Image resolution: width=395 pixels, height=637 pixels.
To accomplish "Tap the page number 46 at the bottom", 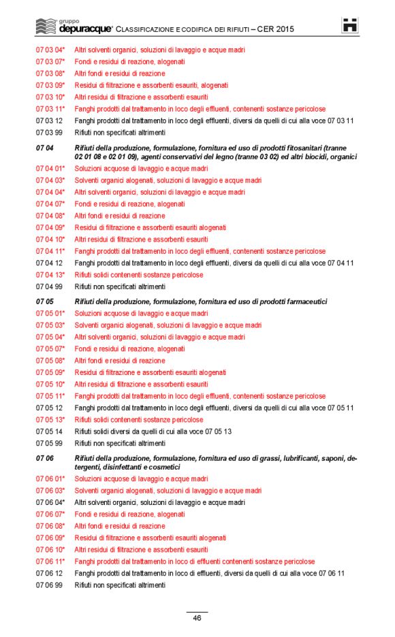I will click(197, 618).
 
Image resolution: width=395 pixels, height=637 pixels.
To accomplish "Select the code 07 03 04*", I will click(50, 50).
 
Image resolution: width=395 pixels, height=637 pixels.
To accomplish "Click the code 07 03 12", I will click(49, 120).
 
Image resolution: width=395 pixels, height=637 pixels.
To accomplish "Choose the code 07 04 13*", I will click(50, 275).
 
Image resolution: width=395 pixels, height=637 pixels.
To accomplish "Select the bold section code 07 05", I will click(45, 301).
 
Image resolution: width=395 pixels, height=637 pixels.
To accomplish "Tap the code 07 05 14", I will click(49, 431).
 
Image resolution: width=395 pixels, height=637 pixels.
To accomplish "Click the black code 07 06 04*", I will click(50, 502).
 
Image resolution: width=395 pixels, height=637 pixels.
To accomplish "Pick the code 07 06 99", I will click(49, 585).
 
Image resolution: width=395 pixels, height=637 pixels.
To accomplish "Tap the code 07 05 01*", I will click(50, 313).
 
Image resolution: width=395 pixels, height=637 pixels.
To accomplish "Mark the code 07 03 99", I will click(49, 133).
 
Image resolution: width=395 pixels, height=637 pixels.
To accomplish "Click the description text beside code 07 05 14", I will click(153, 431).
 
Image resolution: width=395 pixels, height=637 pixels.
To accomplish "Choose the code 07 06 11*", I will click(50, 561).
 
